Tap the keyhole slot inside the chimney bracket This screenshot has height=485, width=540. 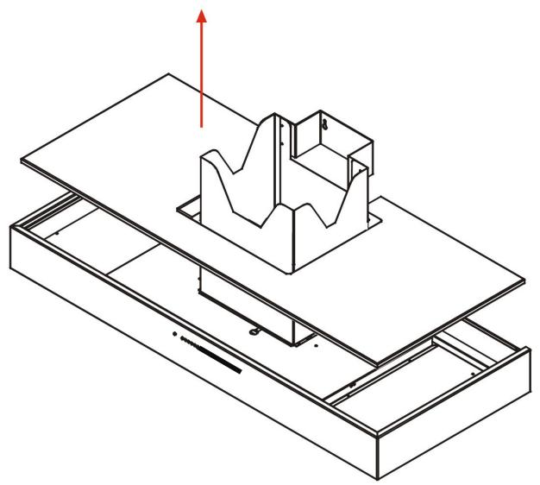pyautogui.click(x=325, y=123)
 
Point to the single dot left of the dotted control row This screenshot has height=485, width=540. pyautogui.click(x=173, y=333)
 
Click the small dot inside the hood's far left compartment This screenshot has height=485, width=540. pyautogui.click(x=57, y=231)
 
